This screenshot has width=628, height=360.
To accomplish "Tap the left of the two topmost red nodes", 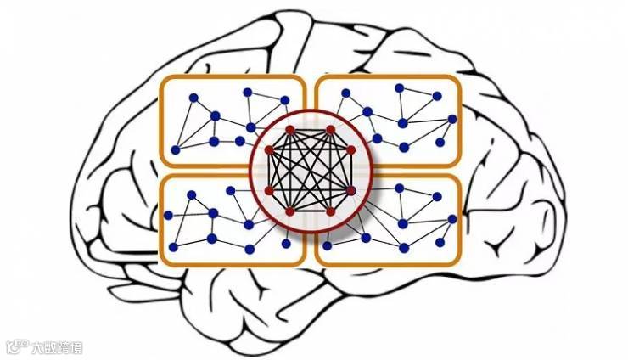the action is click(x=289, y=130).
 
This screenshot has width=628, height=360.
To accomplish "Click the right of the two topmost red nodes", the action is click(x=331, y=130).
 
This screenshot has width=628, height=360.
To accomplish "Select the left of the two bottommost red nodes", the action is click(x=289, y=211).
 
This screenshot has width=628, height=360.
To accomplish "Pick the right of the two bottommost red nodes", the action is click(x=331, y=211).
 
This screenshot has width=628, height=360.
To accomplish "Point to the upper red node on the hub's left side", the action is click(x=269, y=150).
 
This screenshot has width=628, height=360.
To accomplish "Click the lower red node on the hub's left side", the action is click(x=269, y=190).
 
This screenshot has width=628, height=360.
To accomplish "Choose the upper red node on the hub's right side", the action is click(x=351, y=150).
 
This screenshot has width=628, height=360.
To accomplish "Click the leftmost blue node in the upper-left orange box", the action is click(x=175, y=149).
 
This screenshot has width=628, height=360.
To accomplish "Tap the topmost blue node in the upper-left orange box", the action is click(x=247, y=92).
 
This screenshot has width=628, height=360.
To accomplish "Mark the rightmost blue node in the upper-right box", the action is click(x=452, y=119).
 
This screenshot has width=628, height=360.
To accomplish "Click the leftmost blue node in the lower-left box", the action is click(x=173, y=248).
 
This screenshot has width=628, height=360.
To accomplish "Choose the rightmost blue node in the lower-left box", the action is click(x=287, y=245).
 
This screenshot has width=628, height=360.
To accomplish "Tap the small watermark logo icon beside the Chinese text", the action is click(x=15, y=346).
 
